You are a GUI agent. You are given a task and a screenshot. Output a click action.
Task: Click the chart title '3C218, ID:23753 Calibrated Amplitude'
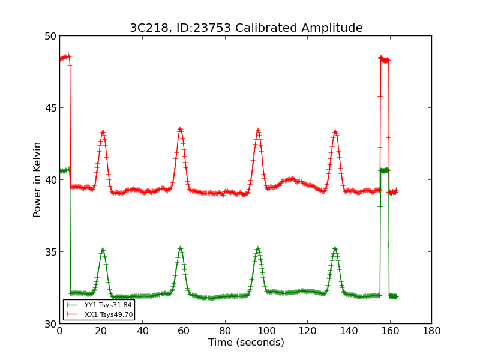(x=246, y=28)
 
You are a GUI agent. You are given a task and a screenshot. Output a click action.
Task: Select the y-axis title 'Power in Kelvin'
(x=37, y=179)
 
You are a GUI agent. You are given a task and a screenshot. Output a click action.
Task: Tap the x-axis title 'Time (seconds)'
(x=246, y=343)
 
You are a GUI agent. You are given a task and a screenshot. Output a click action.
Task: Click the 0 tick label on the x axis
(x=59, y=331)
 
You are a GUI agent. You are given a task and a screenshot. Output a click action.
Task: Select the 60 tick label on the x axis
(x=183, y=331)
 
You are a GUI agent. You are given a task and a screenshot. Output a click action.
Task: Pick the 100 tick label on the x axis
(x=266, y=331)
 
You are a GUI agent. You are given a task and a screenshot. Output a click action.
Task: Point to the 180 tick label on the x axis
(x=431, y=331)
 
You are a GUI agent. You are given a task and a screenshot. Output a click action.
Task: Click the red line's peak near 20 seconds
(x=103, y=131)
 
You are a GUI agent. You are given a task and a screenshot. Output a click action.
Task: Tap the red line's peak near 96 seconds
(x=257, y=130)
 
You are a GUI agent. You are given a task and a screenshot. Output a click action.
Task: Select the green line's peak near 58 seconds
(x=180, y=248)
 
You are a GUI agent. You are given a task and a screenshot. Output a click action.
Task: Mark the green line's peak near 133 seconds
(x=335, y=248)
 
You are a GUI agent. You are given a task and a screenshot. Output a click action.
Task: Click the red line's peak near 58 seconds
(x=180, y=128)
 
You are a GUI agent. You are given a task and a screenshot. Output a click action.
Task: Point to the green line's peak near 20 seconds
(x=103, y=250)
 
